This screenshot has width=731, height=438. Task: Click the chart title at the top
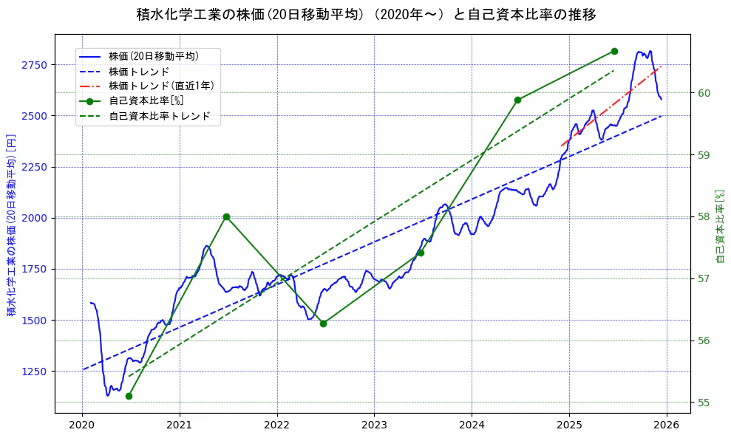point(366,15)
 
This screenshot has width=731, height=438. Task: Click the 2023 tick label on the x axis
point(374,425)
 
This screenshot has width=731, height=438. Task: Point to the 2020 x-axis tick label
point(82,425)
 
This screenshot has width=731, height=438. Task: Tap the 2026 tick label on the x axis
point(667,425)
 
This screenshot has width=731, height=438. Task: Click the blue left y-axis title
point(12,225)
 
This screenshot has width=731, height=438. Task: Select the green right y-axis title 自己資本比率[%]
point(721,225)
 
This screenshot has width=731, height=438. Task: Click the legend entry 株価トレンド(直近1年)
point(161,86)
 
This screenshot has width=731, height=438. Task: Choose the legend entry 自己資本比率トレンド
point(159,116)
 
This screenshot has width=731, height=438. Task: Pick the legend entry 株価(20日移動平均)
point(153,55)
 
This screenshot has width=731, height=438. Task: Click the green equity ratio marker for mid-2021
point(226,217)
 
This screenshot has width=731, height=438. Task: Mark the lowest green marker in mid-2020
point(129,397)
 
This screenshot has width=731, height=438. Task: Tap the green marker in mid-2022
point(323,324)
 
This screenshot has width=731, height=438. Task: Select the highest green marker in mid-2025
point(614,51)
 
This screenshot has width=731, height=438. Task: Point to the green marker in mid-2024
point(517,100)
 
